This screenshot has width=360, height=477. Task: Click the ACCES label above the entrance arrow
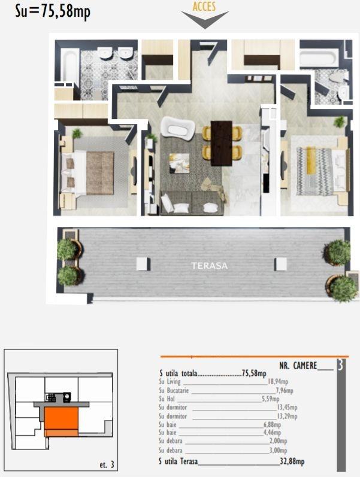pos(204,7)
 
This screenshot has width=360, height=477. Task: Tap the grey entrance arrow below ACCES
pos(204,20)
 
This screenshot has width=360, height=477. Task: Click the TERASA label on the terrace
pos(210,266)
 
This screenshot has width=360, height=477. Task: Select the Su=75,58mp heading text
pos(53,13)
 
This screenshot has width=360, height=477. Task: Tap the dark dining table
pos(222,142)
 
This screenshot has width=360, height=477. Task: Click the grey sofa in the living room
pos(191,203)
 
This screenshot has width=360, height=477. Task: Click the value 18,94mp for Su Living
pos(278,381)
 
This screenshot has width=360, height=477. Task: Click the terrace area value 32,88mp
pos(292,461)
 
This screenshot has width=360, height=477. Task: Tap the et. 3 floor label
pos(106,464)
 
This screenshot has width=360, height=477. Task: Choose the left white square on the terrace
pos(143,263)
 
